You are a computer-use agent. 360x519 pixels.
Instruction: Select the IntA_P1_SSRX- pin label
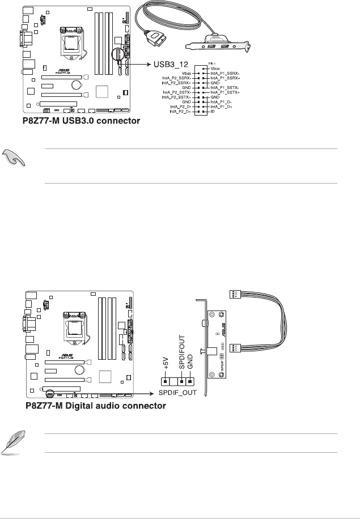pos(226,73)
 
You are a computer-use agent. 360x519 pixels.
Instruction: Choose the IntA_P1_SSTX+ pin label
pos(226,93)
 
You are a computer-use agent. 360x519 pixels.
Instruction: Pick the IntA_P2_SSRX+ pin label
pos(177,83)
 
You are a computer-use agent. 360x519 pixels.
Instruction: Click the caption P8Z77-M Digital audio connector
pos(96,406)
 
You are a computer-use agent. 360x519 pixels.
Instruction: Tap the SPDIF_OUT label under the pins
pos(176,392)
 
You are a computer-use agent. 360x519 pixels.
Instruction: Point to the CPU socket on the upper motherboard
pos(73,41)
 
